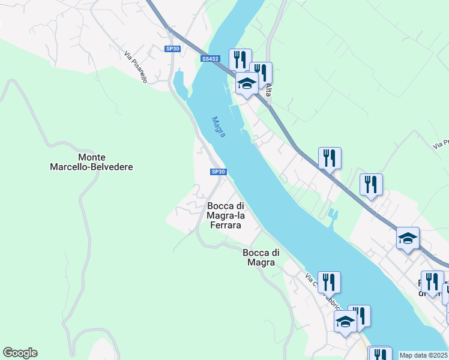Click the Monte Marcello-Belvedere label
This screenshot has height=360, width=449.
tap(91, 162)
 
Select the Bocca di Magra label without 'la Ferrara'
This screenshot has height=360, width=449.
tap(259, 257)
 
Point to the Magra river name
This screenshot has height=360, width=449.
tap(219, 126)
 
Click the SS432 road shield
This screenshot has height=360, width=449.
tap(210, 59)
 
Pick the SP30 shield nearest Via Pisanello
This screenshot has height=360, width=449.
tap(172, 49)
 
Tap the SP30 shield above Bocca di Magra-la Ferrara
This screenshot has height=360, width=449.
tap(218, 172)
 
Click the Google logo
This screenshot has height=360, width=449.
tap(20, 353)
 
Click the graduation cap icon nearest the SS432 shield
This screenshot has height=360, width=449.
tap(247, 83)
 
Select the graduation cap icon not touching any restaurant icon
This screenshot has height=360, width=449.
tap(408, 238)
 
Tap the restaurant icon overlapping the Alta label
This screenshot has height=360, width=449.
tap(261, 73)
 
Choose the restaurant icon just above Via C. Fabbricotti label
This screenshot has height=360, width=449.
tap(328, 281)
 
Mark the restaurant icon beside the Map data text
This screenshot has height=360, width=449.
tap(379, 354)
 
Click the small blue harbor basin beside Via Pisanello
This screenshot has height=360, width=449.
tap(179, 84)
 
